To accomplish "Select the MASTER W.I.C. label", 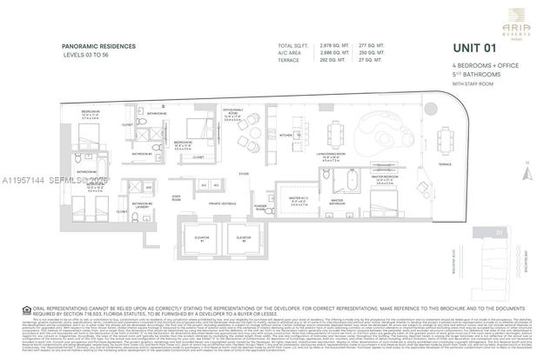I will tap(300, 203).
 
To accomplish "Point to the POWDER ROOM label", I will tap(261, 207).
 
